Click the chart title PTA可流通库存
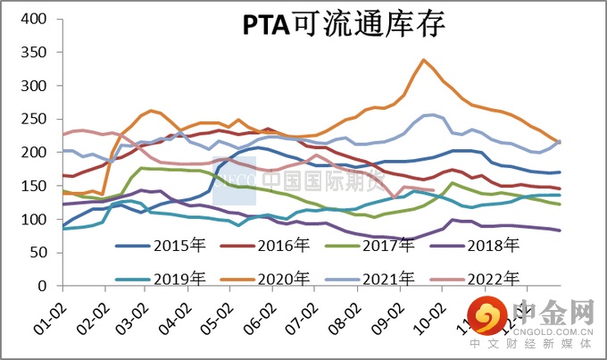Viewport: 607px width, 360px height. click(344, 26)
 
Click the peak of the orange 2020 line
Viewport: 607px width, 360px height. click(423, 60)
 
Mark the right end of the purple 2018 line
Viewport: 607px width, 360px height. click(560, 230)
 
